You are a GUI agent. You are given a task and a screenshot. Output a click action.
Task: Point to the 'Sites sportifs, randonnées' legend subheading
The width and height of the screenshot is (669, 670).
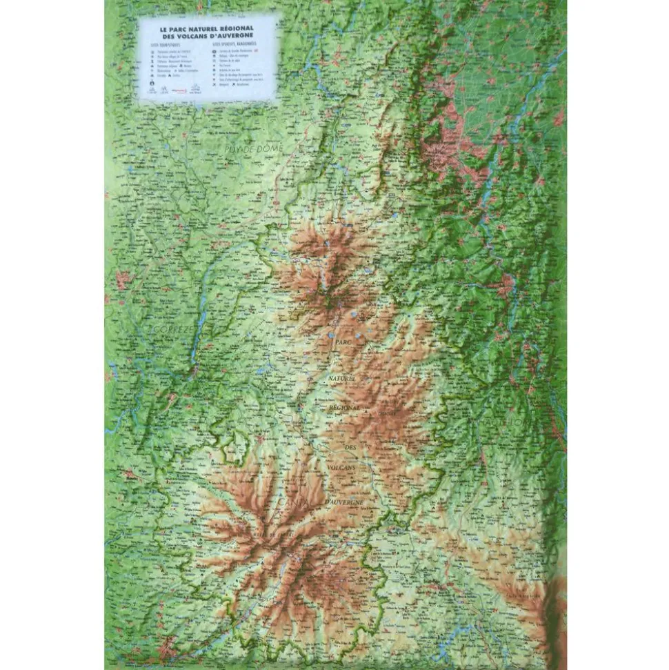[x=234, y=43]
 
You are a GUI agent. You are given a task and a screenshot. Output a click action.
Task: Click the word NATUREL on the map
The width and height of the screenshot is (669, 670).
[x=341, y=379]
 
